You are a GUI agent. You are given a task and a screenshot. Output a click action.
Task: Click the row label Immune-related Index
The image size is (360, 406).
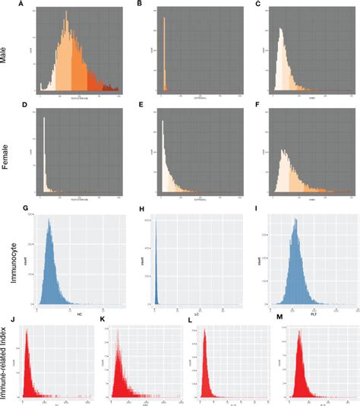tap(7, 357)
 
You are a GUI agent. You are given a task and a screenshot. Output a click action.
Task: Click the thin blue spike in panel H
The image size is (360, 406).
tap(155, 259)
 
